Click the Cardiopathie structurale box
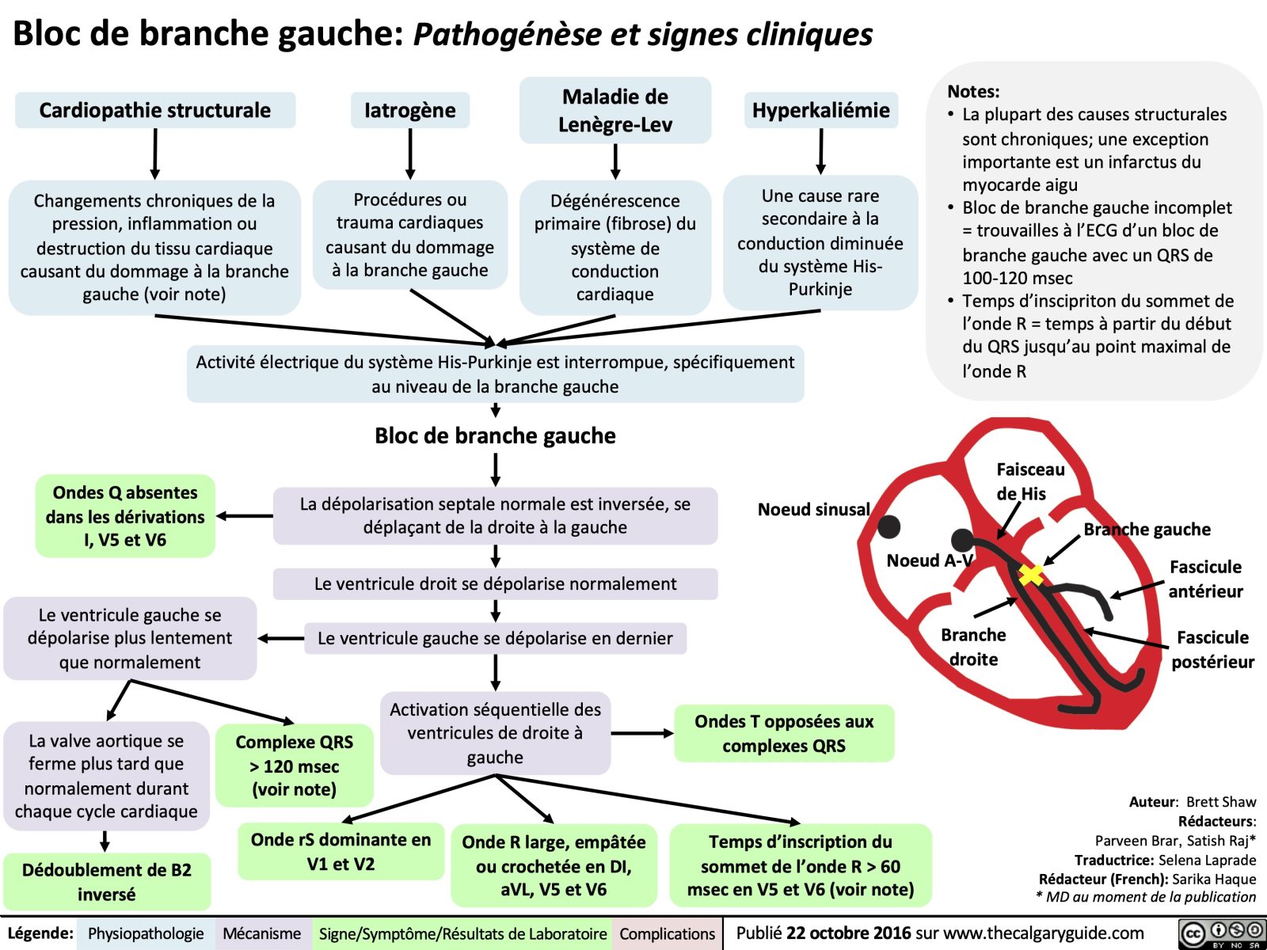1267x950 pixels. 155,110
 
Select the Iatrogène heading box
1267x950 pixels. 409,110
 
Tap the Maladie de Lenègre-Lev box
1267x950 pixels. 615,110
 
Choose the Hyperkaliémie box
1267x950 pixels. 820,110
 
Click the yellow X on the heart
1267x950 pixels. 1030,575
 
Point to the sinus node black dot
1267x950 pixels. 888,526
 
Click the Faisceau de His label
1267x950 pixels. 1029,481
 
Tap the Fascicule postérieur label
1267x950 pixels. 1212,649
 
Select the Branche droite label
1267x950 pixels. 973,647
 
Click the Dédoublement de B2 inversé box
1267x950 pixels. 107,881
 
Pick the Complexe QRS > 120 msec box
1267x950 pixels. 294,766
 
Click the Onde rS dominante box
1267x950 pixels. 341,851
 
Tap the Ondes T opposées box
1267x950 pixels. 784,733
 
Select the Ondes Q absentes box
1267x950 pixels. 125,516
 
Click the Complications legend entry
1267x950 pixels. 667,933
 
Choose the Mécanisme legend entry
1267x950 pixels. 261,933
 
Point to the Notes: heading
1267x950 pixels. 973,91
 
